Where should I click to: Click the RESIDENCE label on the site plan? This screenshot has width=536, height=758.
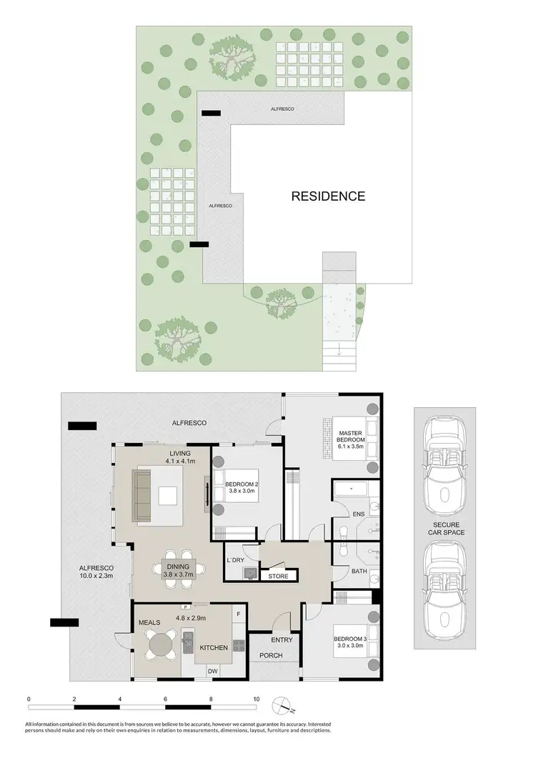pos(328,196)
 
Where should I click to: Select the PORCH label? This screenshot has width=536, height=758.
pos(271,655)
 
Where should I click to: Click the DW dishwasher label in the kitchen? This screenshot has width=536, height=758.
pos(212,671)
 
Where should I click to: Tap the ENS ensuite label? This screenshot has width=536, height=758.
pos(359,514)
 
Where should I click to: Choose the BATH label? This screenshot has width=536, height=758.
pos(359,571)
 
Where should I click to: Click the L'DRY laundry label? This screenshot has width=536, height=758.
pos(236,559)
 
